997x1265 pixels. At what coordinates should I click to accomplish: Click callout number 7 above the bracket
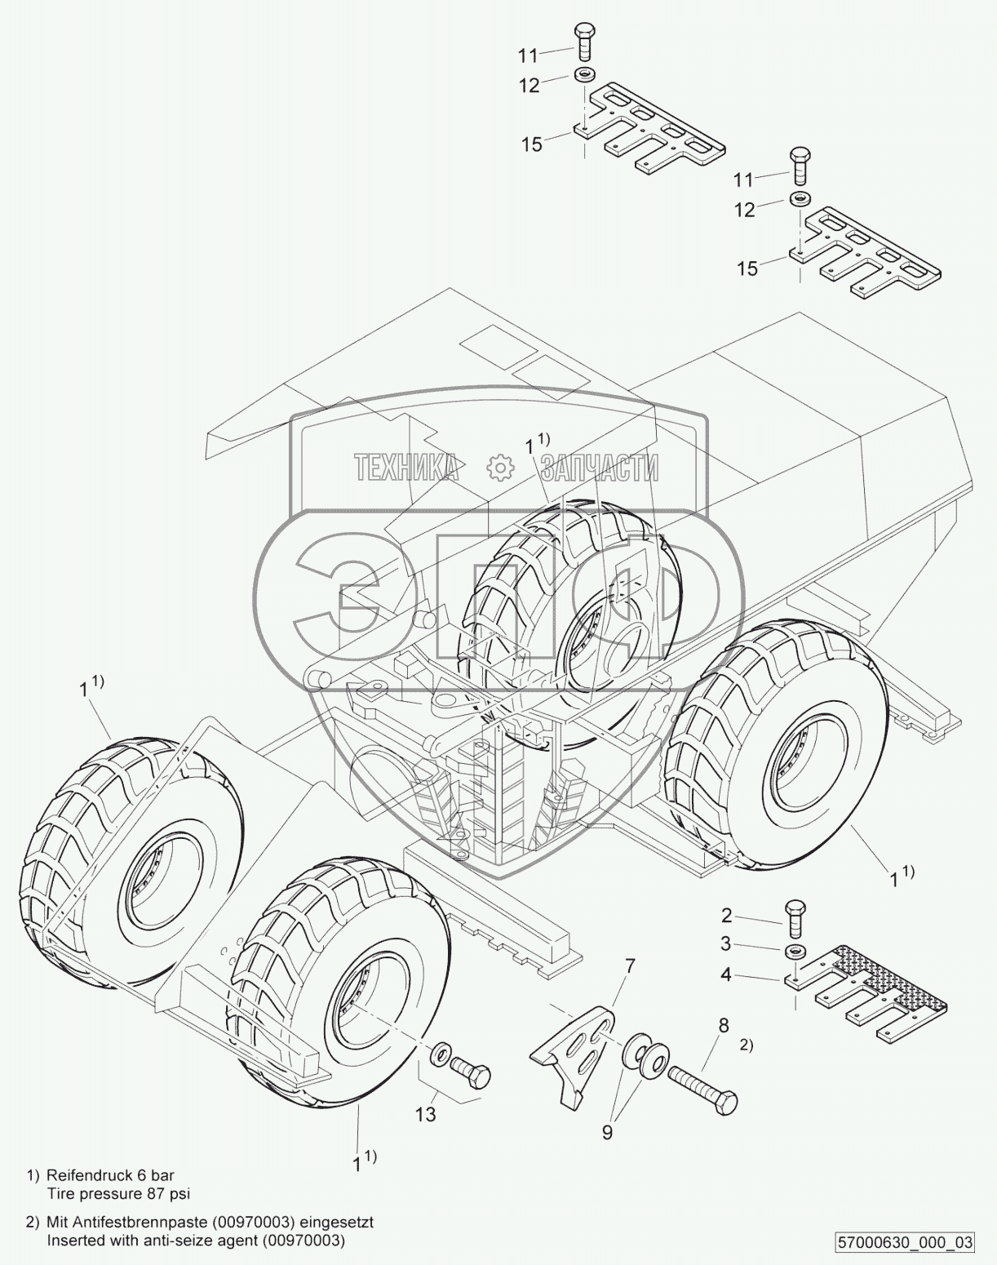click(x=629, y=968)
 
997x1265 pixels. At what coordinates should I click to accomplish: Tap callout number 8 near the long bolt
click(x=723, y=1026)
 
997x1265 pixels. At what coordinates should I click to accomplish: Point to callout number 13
click(x=425, y=1113)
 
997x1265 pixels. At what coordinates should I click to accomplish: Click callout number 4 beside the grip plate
click(x=726, y=974)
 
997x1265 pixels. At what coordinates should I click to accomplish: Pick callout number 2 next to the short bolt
click(x=726, y=916)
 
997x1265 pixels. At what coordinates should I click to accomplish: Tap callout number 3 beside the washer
click(x=726, y=944)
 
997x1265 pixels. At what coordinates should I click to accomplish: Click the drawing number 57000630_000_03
click(x=904, y=1243)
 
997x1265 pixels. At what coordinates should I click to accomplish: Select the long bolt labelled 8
click(x=702, y=1085)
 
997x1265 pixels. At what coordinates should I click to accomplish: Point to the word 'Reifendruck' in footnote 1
click(x=85, y=1176)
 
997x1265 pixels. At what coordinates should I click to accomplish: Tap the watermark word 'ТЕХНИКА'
click(x=405, y=468)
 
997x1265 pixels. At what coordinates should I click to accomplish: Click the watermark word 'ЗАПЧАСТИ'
click(x=600, y=468)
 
